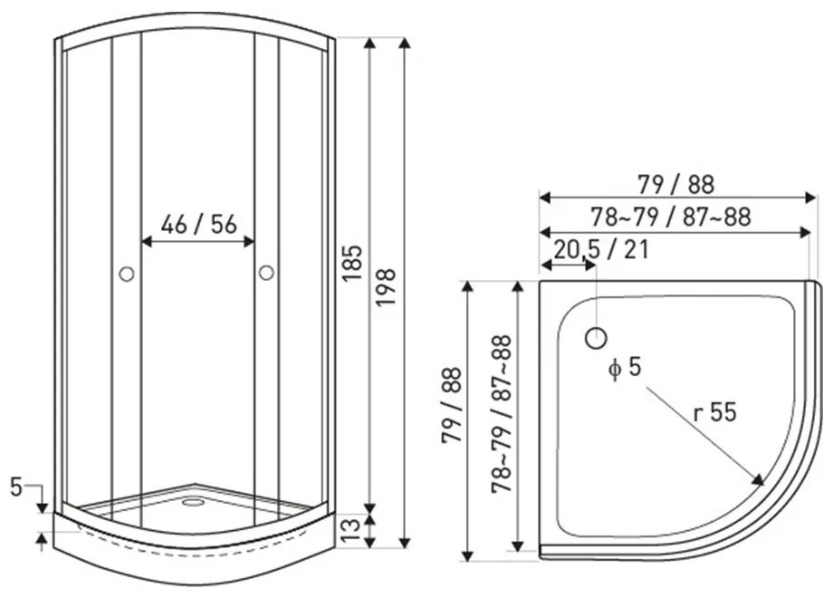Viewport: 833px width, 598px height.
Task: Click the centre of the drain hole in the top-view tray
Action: (596, 338)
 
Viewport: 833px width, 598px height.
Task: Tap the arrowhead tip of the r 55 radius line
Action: (763, 485)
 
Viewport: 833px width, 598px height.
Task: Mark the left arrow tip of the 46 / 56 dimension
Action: (142, 242)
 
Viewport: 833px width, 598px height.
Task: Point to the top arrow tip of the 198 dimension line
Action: (405, 38)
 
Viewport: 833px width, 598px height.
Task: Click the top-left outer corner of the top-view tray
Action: (540, 281)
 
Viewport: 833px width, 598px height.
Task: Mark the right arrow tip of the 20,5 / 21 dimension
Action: (596, 264)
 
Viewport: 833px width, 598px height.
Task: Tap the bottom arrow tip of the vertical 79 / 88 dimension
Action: (467, 562)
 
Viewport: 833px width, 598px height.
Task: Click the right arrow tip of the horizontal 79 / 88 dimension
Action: (817, 198)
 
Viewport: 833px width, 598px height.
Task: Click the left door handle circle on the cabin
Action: (127, 275)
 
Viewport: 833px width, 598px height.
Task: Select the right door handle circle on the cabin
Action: (266, 273)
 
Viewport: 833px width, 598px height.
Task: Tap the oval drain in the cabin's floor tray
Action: (193, 502)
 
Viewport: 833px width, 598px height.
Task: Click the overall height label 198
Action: (387, 286)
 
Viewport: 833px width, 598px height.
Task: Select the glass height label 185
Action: (352, 263)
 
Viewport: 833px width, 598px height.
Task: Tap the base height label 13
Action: (350, 530)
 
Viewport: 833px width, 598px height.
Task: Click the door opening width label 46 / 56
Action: (198, 225)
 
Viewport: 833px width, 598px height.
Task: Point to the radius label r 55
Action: (715, 411)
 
